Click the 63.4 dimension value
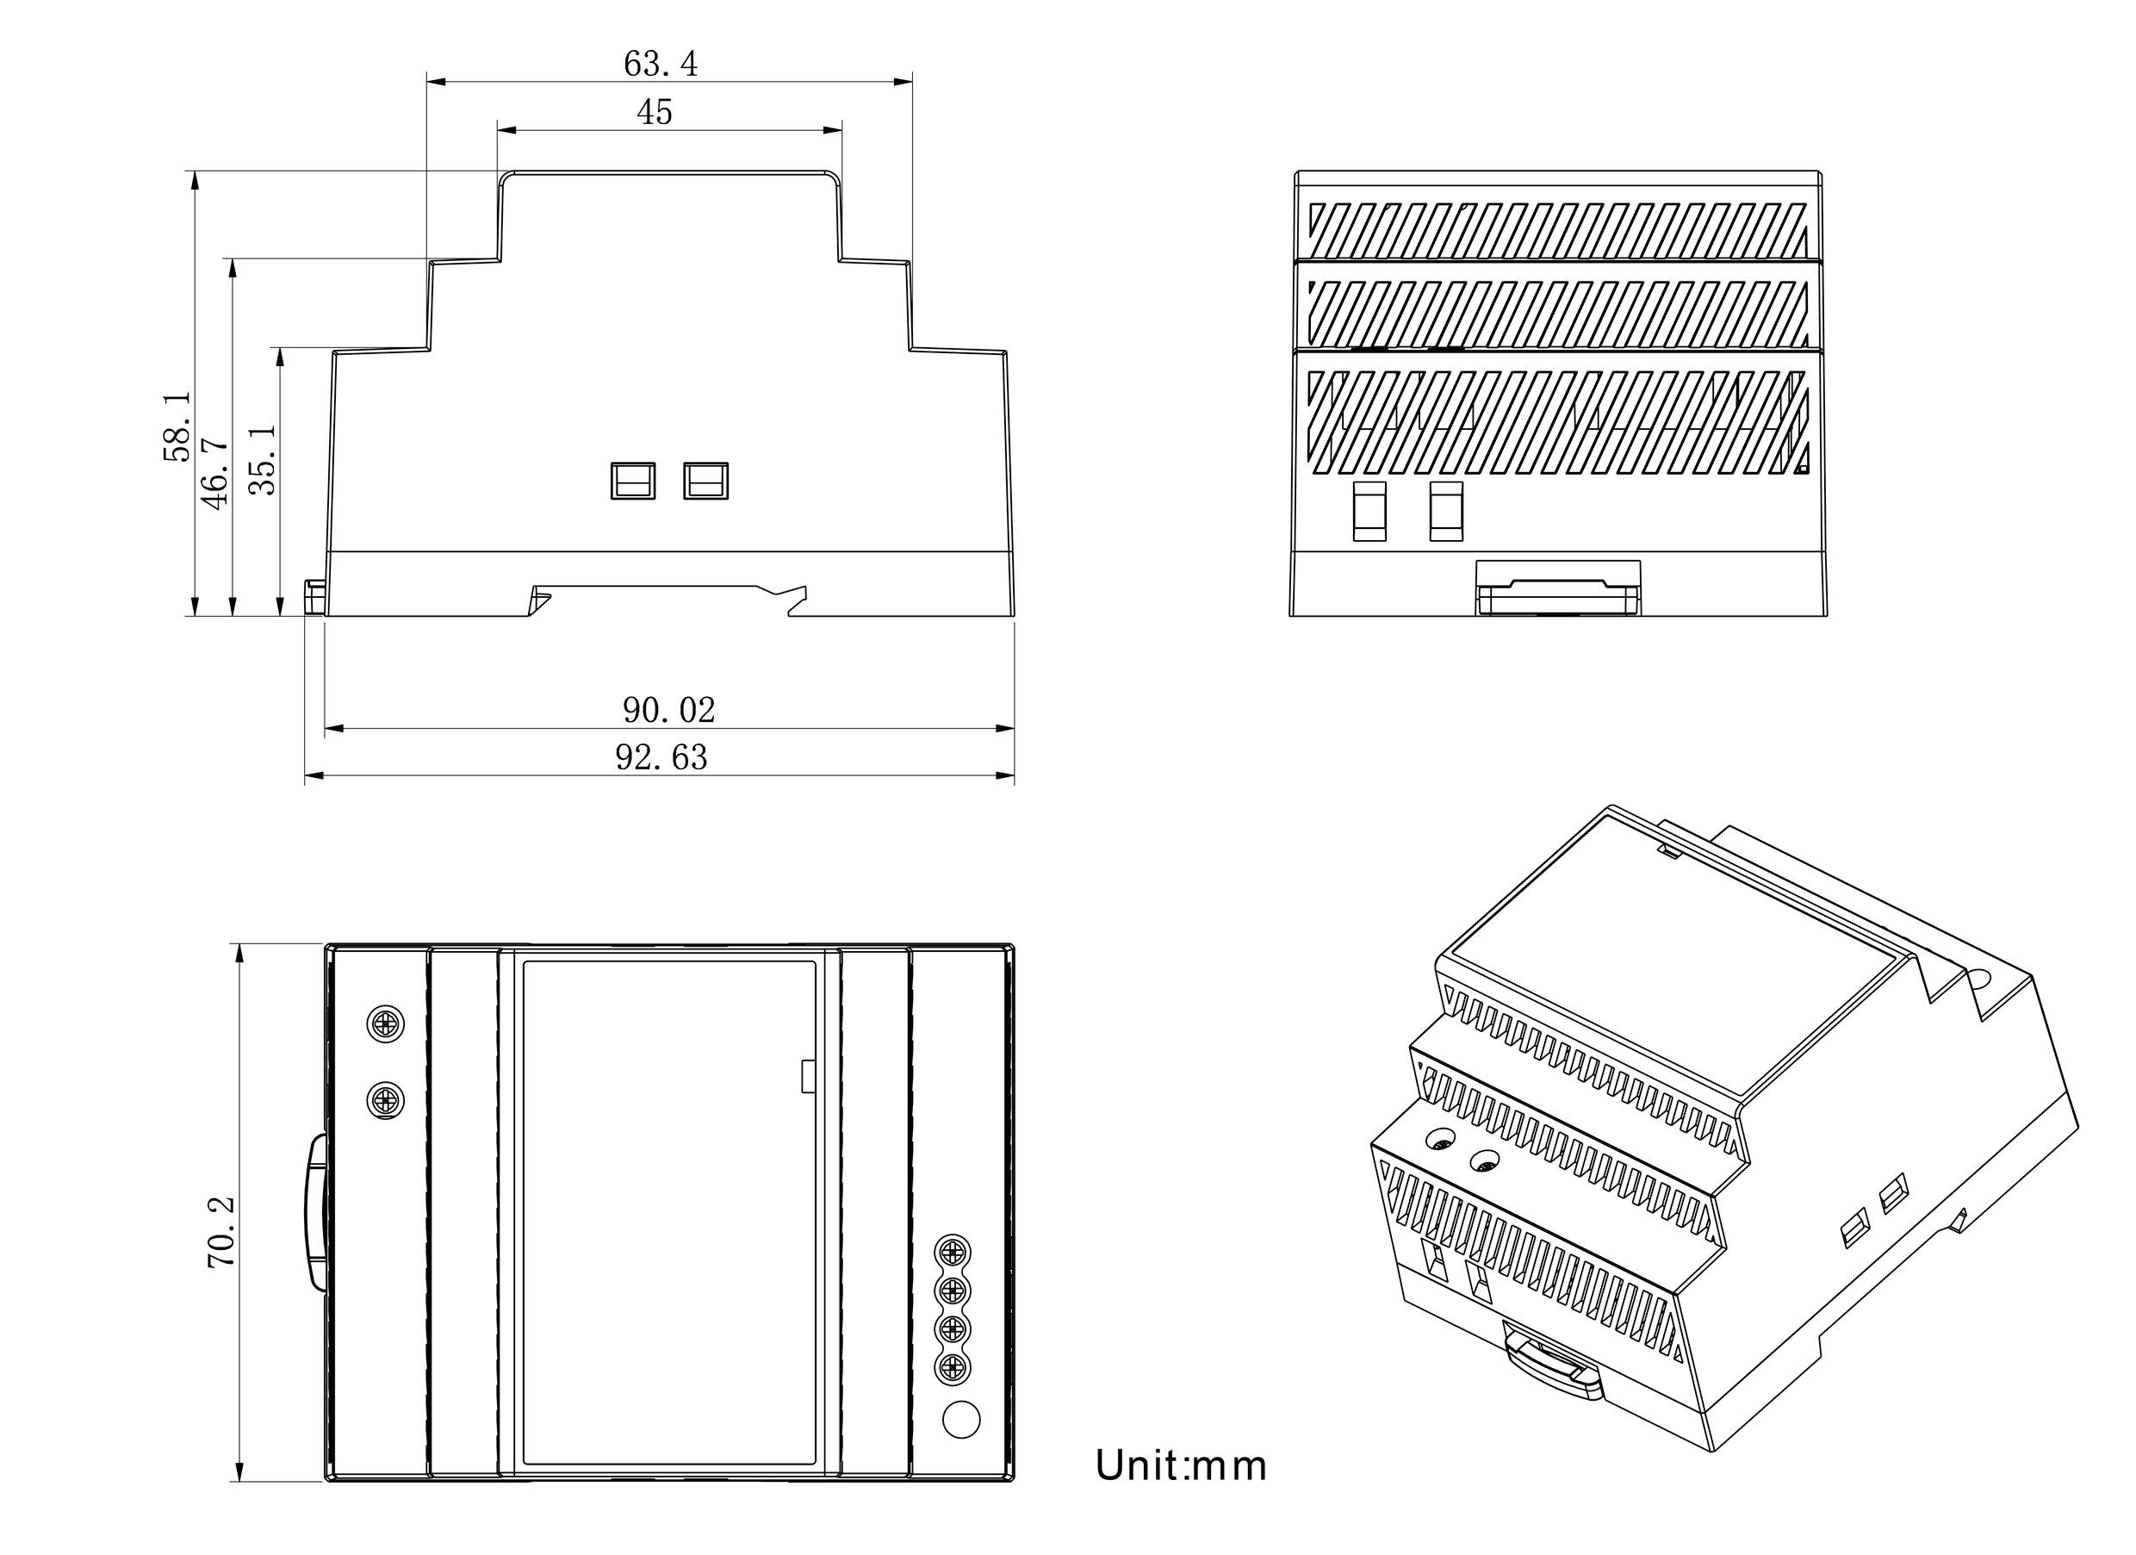pyautogui.click(x=661, y=64)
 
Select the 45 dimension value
pyautogui.click(x=655, y=113)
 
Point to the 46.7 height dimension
pyautogui.click(x=214, y=473)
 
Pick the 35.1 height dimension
pyautogui.click(x=263, y=458)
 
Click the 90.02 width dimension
pyautogui.click(x=668, y=710)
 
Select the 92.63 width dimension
pyautogui.click(x=661, y=757)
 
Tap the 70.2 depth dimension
pyautogui.click(x=221, y=1233)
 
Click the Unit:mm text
pyautogui.click(x=1180, y=1465)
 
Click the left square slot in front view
pyautogui.click(x=633, y=481)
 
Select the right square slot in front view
pyautogui.click(x=705, y=481)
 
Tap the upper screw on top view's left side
pyautogui.click(x=384, y=1023)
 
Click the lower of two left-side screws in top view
pyautogui.click(x=384, y=1099)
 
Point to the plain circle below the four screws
pyautogui.click(x=960, y=1420)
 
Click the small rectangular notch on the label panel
pyautogui.click(x=807, y=1077)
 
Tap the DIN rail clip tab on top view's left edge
pyautogui.click(x=314, y=1212)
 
